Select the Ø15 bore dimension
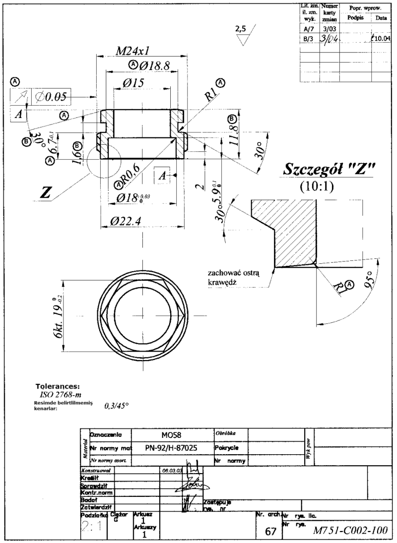(x=131, y=83)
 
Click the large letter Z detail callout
(x=46, y=193)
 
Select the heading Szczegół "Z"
(x=329, y=169)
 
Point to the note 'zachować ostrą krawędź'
(x=238, y=278)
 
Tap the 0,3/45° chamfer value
(x=117, y=406)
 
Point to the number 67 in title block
(x=270, y=532)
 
